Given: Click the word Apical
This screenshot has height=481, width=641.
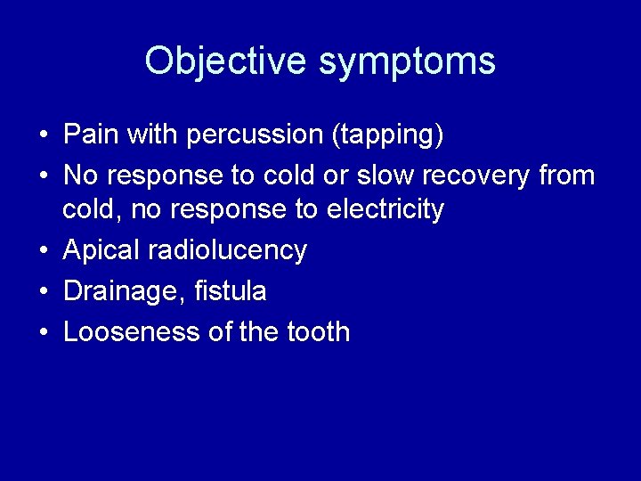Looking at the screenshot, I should pos(101,250).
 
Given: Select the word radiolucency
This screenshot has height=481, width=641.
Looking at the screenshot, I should pos(227,250).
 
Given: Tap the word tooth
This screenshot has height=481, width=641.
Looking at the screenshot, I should pos(318,331).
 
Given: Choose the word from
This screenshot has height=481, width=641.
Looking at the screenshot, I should pos(568,175).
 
